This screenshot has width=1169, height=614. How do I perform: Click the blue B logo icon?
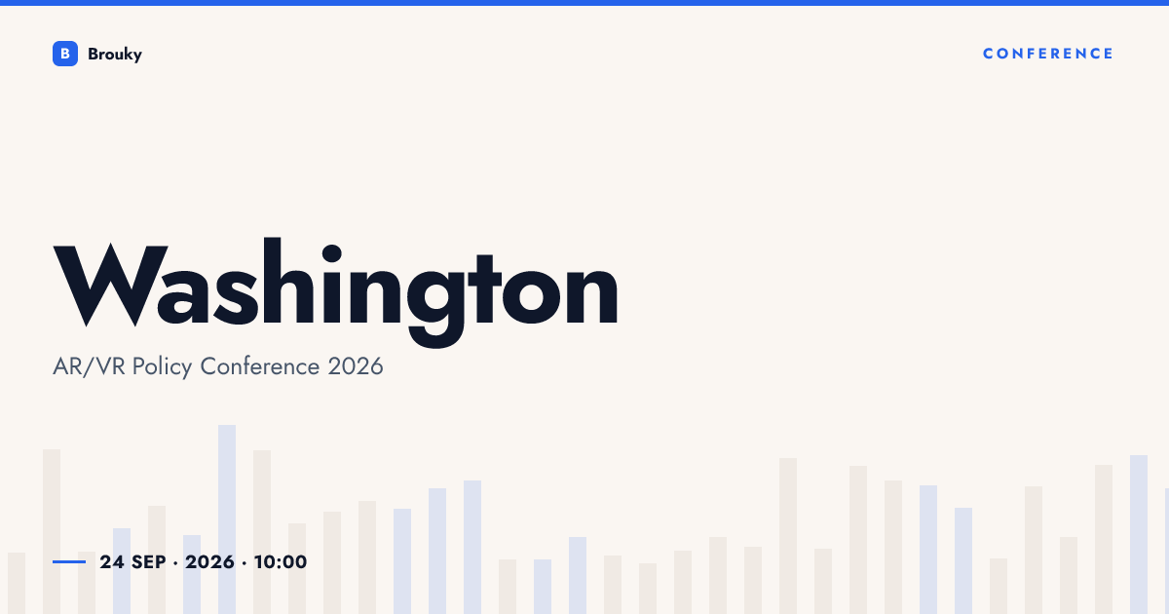point(65,54)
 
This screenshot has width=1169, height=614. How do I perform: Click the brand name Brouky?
point(115,55)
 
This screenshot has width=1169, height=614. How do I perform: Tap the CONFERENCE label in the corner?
point(1048,54)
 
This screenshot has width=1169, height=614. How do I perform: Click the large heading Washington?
point(335,292)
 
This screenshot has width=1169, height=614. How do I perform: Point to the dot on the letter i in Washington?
point(332,254)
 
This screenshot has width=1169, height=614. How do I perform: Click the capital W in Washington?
point(110,285)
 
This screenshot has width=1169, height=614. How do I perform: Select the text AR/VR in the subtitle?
point(89,366)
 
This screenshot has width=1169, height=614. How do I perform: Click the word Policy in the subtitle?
point(162,367)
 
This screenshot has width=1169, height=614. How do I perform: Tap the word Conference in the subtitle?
point(260,366)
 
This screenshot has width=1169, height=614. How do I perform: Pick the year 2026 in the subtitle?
point(356,366)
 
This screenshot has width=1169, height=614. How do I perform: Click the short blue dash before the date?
point(69,561)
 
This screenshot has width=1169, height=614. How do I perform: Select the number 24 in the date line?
point(112,562)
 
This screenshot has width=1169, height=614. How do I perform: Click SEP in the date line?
point(149,562)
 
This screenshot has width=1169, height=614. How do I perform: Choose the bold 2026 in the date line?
point(209,562)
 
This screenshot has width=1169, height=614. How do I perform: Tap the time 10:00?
point(281,562)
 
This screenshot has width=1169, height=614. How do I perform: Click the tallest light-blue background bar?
point(227,519)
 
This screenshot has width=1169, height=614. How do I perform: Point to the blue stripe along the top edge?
point(584,3)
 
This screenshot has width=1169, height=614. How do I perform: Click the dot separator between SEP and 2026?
point(175,563)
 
